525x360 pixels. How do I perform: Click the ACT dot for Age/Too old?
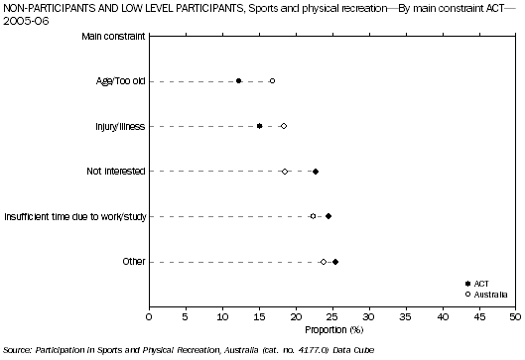238,81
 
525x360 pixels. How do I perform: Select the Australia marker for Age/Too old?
272,81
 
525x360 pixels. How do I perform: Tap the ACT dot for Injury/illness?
260,126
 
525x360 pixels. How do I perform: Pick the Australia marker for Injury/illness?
284,126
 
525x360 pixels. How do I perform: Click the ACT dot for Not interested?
316,172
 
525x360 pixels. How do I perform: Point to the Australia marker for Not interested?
285,172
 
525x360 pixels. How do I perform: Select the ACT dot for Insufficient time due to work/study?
328,216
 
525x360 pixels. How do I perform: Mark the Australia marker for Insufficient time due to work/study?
313,216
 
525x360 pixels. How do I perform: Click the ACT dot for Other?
335,262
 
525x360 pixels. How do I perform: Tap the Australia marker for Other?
324,262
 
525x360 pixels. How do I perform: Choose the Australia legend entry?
491,295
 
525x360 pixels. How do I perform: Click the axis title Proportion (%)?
331,330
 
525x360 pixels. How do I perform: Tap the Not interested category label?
116,172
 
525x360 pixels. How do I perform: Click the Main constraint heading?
111,37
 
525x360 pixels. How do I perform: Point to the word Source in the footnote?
18,351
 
